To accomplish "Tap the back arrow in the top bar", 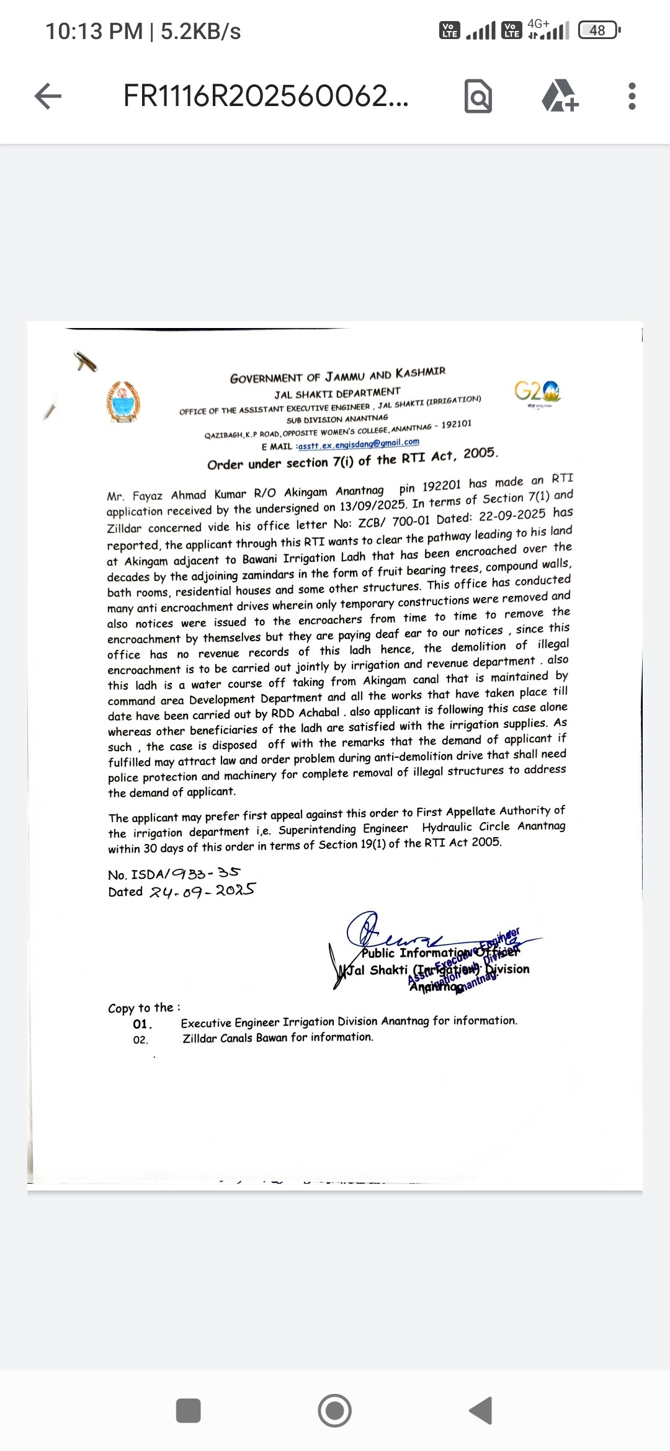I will pos(48,96).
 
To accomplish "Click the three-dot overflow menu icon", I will pos(632,96).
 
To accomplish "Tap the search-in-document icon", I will pos(478,97).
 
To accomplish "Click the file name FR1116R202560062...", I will pos(266,96).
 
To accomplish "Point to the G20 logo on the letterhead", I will pos(537,392).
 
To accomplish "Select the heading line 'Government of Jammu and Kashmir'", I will pos(337,375).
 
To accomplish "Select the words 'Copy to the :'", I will pos(144,1008).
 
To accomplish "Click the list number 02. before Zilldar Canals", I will pos(141,1040).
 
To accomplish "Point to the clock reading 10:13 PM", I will pos(94,31).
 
